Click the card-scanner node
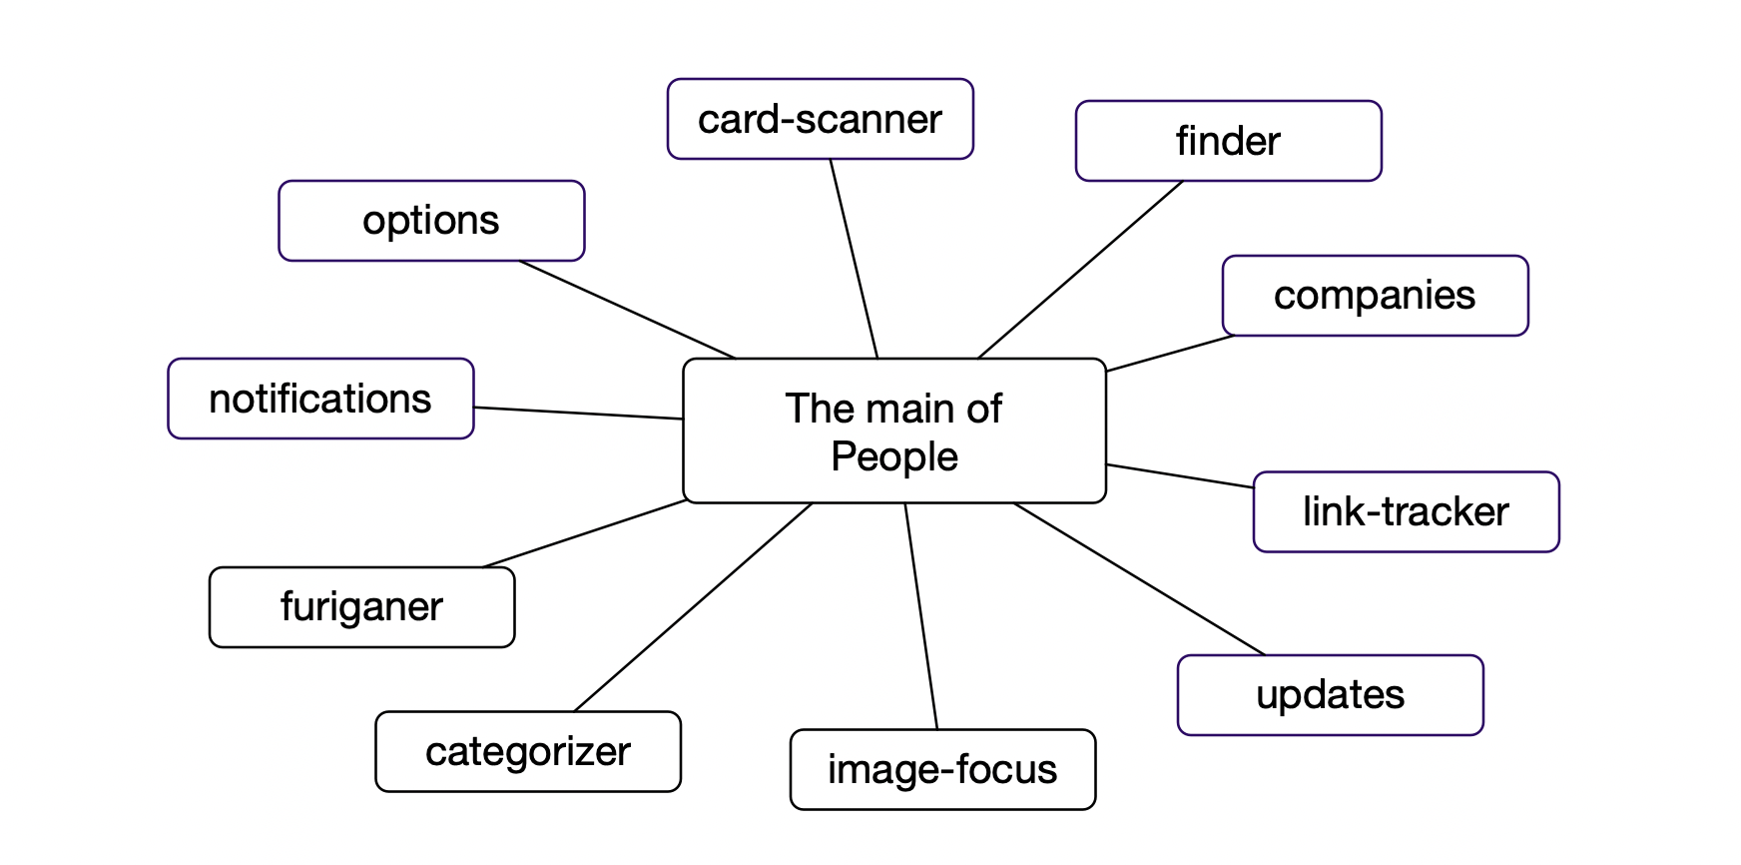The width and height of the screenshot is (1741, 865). (x=820, y=119)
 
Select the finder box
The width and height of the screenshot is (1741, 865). (x=1228, y=141)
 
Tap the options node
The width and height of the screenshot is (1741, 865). (x=431, y=221)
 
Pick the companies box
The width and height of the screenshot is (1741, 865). (x=1375, y=296)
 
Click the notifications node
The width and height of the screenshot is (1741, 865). (x=320, y=399)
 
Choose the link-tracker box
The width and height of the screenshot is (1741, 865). (x=1406, y=511)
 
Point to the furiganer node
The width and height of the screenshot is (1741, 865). (x=361, y=607)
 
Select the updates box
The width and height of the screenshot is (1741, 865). (x=1330, y=695)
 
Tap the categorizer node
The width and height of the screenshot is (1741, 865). (x=527, y=751)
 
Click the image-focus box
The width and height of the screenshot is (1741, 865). (x=941, y=769)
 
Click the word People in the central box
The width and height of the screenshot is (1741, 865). (x=894, y=456)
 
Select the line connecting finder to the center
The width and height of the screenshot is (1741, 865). (x=1080, y=270)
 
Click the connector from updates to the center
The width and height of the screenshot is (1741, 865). (x=1139, y=579)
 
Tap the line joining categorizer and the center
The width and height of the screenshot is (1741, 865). (x=694, y=607)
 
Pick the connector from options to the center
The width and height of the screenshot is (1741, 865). (x=627, y=310)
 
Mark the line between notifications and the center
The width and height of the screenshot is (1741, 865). (x=578, y=413)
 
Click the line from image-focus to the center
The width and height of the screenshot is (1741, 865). (x=921, y=616)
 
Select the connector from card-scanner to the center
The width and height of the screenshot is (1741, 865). (x=854, y=259)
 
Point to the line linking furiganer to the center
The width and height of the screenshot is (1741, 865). (x=584, y=533)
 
